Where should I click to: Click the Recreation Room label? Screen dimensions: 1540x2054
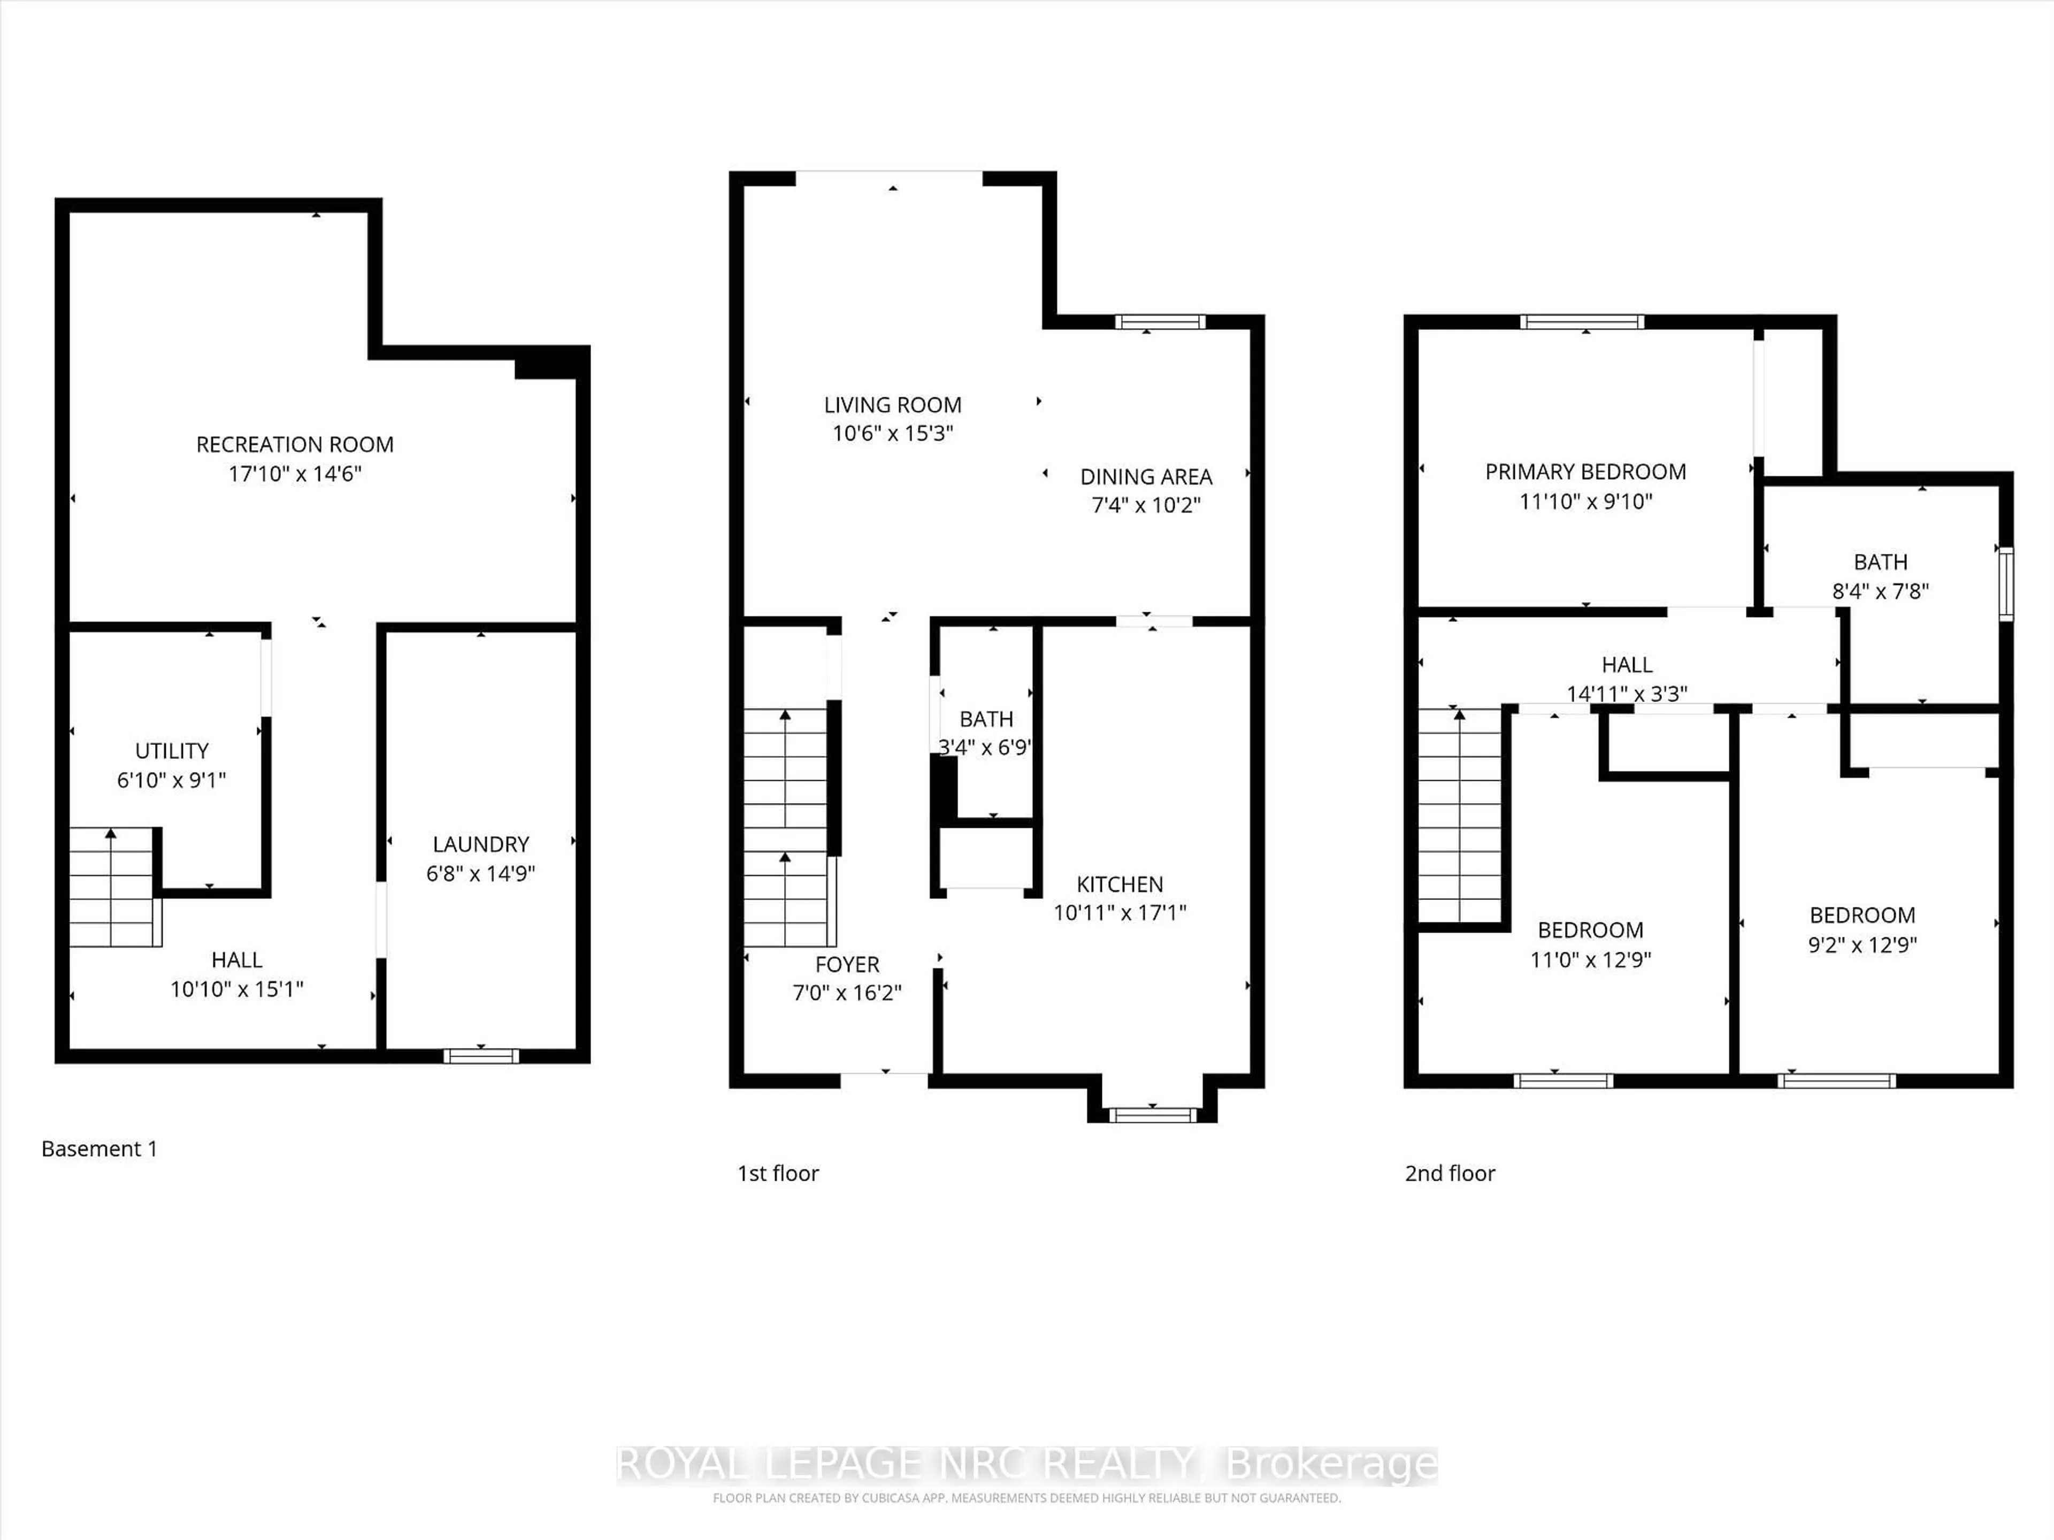[294, 445]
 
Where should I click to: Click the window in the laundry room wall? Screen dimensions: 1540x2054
[480, 1056]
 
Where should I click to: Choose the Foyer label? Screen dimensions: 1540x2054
[847, 965]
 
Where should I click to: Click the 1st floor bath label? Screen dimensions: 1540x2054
[986, 719]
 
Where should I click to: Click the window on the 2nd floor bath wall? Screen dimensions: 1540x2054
[2006, 584]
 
